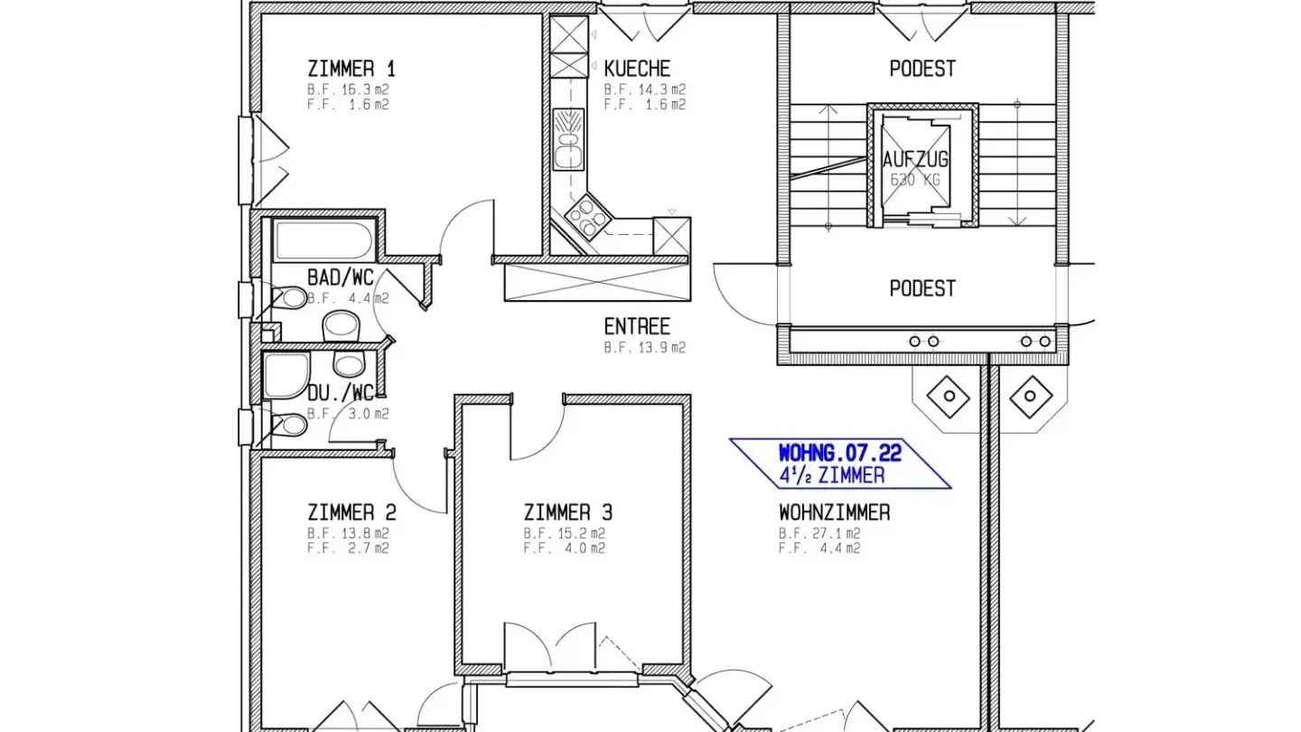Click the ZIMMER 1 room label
point(351,69)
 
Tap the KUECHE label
point(637,69)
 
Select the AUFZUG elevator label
point(915,159)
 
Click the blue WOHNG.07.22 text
point(840,453)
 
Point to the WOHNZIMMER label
point(835,512)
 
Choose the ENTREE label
point(637,326)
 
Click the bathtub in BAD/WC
point(324,240)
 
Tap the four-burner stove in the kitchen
point(588,217)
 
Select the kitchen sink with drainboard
point(568,139)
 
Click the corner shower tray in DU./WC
point(286,375)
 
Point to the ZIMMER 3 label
point(568,512)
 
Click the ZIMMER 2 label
point(352,512)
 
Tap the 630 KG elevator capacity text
point(915,180)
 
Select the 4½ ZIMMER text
point(832,475)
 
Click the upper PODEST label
point(922,69)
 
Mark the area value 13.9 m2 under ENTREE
point(661,347)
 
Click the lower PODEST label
point(922,288)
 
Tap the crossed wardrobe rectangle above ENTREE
point(598,282)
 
